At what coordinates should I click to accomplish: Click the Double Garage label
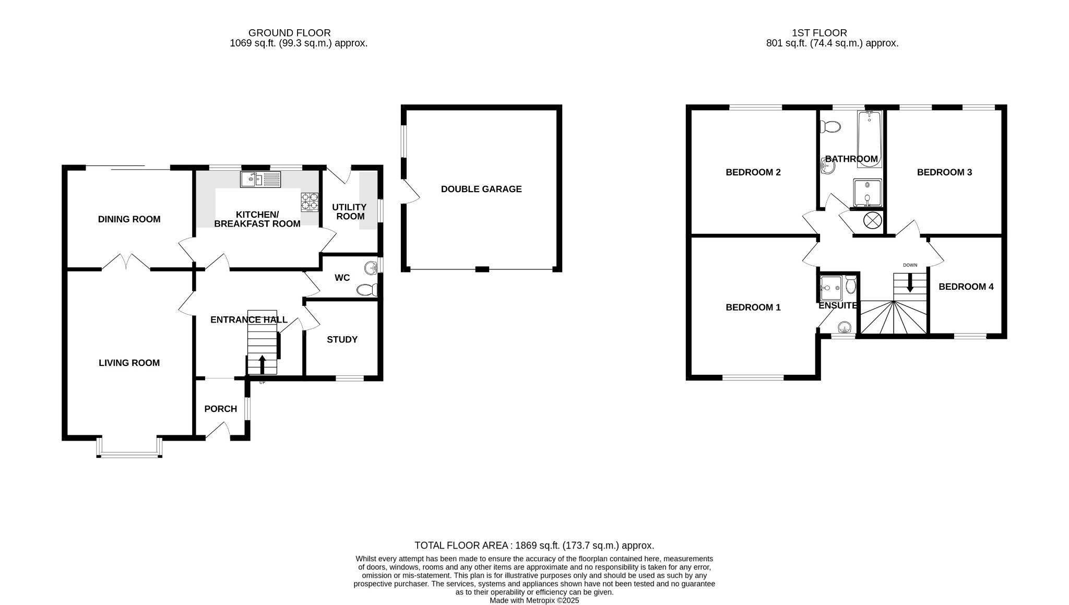[481, 189]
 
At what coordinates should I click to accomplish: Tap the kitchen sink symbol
[260, 180]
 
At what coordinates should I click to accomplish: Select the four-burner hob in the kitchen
[310, 202]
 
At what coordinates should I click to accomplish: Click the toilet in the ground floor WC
[367, 290]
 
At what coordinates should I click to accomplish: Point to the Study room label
[342, 339]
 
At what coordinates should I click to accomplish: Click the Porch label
[220, 409]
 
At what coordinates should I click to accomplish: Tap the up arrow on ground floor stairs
[262, 364]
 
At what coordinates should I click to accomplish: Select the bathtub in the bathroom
[869, 139]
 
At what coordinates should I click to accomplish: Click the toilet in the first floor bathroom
[830, 127]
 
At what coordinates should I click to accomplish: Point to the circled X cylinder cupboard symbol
[872, 221]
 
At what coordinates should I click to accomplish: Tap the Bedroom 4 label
[966, 287]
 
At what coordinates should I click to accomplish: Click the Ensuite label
[837, 306]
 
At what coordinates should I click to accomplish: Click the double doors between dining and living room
[126, 262]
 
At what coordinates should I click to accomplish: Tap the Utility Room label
[350, 211]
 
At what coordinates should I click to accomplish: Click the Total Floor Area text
[534, 545]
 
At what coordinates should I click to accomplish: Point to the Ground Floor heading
[289, 33]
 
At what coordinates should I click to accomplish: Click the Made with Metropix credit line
[534, 600]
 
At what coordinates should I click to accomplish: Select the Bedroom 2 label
[753, 172]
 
